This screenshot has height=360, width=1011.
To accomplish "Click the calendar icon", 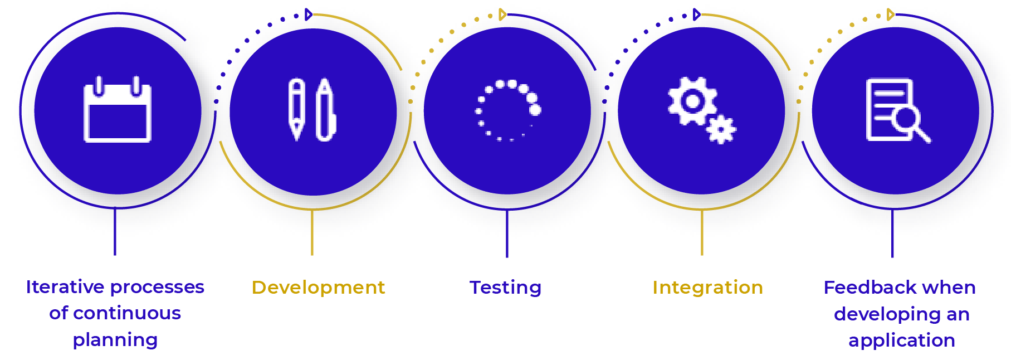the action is tap(118, 111).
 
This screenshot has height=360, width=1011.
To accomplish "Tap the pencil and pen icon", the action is tap(312, 110).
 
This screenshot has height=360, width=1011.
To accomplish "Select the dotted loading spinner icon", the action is tap(507, 110).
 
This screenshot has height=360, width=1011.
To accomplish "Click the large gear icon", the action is tap(692, 101).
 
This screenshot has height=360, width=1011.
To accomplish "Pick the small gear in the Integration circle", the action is tap(721, 130).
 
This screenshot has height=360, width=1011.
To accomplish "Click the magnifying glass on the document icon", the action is tap(910, 121).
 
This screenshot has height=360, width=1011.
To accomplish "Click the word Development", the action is tap(318, 288).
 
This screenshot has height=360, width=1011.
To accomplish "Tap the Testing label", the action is tap(505, 288).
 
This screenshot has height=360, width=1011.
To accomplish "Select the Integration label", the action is tap(707, 288).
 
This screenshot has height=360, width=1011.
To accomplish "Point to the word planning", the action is tap(115, 340).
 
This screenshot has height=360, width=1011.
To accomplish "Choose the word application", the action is tap(901, 340).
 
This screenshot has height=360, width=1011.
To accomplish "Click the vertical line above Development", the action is tap(312, 232).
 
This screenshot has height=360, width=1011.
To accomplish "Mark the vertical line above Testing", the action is tap(507, 233).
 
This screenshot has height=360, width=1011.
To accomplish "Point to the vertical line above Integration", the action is tap(702, 232).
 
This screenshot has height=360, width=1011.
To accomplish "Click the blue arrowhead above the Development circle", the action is tap(308, 14).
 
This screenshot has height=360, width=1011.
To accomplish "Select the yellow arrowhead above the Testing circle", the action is tap(502, 14).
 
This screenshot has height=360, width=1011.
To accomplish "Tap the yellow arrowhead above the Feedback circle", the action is tap(890, 14).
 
